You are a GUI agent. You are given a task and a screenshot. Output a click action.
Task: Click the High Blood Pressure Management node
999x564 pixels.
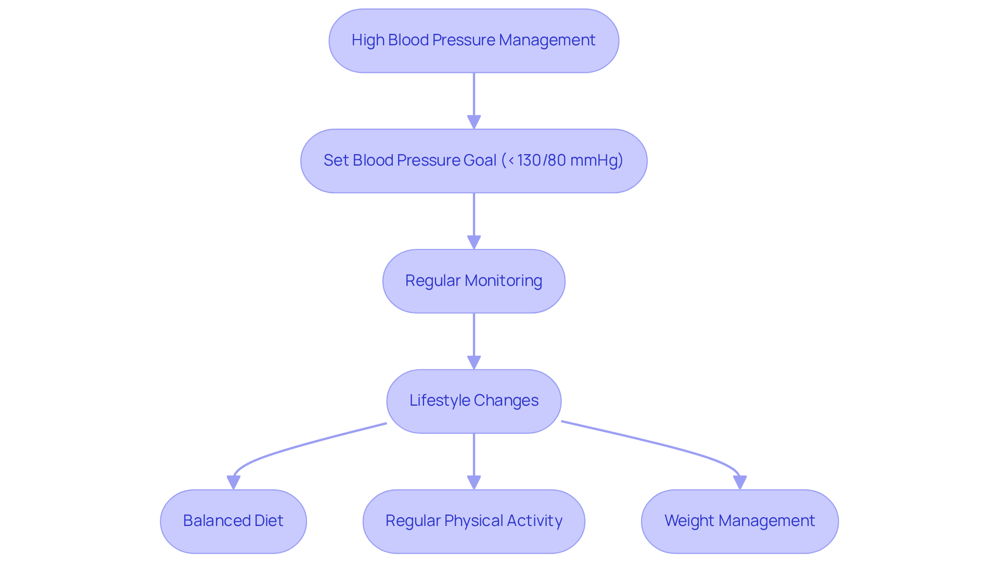(x=473, y=41)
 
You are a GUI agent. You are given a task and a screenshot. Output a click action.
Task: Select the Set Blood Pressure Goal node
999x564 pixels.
(x=473, y=161)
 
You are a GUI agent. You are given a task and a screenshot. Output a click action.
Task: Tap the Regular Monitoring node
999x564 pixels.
(x=473, y=281)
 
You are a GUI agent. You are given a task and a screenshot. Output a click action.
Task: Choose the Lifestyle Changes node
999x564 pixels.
(x=473, y=401)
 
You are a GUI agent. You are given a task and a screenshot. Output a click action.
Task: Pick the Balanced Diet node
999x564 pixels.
(x=233, y=521)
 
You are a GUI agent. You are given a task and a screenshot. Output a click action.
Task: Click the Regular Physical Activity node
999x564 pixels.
(x=473, y=521)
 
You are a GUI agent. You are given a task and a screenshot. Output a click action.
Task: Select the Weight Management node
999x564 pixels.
(x=739, y=521)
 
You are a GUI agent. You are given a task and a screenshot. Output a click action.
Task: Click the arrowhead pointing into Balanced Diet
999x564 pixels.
(x=234, y=482)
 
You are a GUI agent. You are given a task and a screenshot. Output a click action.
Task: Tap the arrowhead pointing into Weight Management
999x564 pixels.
(x=739, y=482)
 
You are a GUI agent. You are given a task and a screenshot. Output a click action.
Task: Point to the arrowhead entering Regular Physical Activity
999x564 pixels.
(x=473, y=482)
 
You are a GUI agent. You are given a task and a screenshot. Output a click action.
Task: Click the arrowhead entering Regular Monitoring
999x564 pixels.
(x=473, y=242)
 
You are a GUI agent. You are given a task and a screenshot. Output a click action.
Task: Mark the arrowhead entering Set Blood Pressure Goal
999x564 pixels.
(x=473, y=122)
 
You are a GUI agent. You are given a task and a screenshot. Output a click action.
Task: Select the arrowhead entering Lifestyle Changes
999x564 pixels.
(x=473, y=362)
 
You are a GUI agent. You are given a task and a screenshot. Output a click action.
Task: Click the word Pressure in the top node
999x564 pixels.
(x=464, y=40)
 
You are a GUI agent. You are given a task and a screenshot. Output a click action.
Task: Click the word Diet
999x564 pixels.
(x=268, y=521)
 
